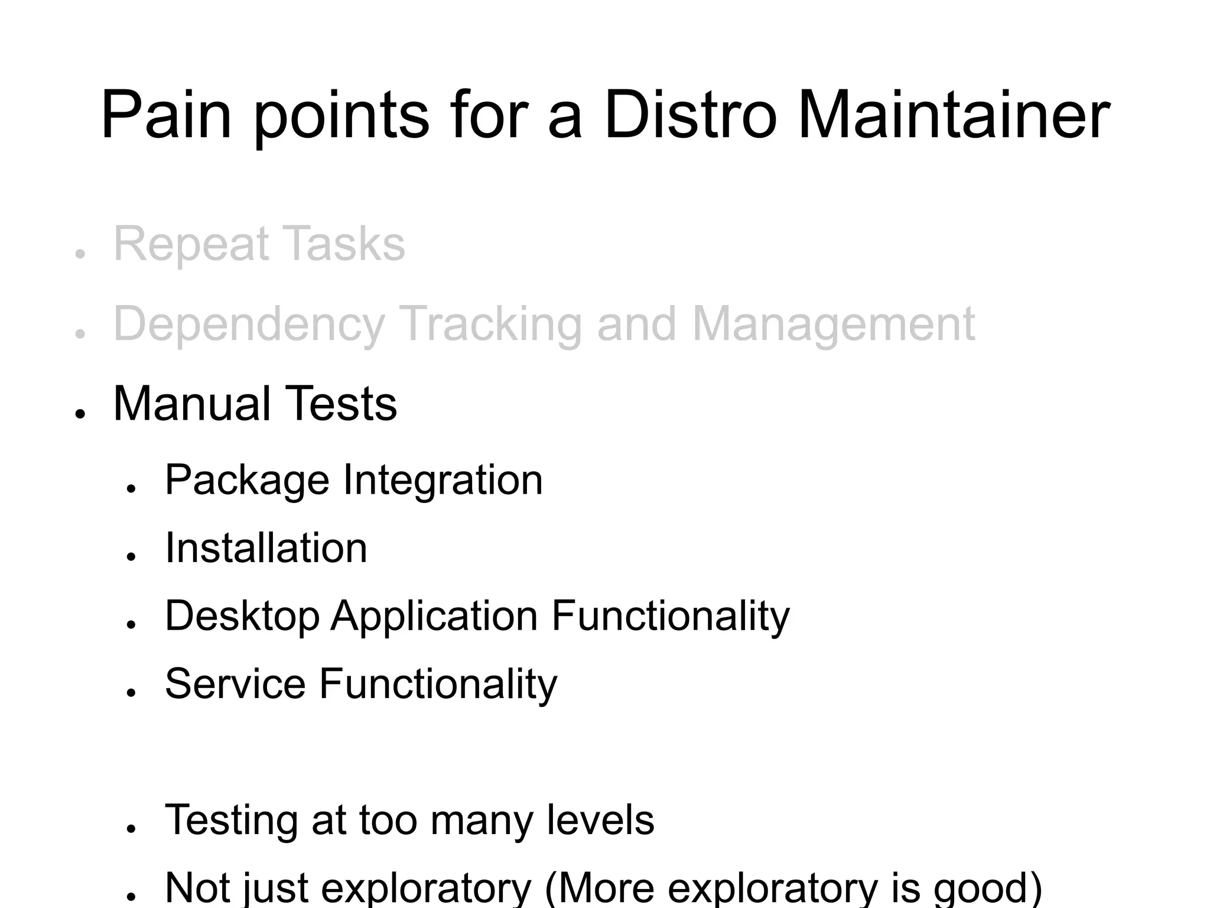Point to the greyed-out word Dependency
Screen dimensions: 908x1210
pos(249,325)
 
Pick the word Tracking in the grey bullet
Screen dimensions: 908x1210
pos(491,325)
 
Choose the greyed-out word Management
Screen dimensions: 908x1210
pos(833,325)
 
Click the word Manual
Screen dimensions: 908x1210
pos(191,404)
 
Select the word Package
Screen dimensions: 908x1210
pos(247,480)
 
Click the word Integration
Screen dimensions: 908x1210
pos(443,480)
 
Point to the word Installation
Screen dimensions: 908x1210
pos(266,548)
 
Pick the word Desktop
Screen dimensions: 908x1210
pos(242,617)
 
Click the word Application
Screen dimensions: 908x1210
pos(434,617)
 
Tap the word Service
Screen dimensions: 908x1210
pos(235,684)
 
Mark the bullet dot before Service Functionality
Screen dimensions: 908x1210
pos(131,692)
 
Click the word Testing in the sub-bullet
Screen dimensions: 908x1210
pos(231,821)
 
